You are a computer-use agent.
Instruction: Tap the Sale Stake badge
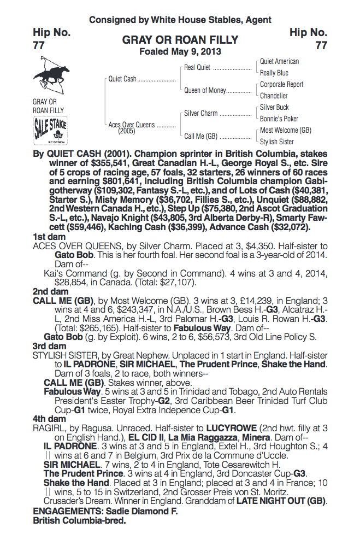pyautogui.click(x=51, y=130)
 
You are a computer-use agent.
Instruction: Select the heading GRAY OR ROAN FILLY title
pyautogui.click(x=180, y=40)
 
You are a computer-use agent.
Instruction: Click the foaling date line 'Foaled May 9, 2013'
pyautogui.click(x=180, y=52)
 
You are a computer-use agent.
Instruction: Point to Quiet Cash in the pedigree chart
pyautogui.click(x=122, y=79)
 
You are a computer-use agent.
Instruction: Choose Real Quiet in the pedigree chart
pyautogui.click(x=197, y=68)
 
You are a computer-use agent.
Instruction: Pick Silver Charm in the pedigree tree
pyautogui.click(x=200, y=113)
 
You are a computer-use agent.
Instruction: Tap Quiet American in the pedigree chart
pyautogui.click(x=279, y=62)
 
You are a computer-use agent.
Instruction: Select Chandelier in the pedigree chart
pyautogui.click(x=274, y=96)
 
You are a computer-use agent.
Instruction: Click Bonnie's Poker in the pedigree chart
pyautogui.click(x=279, y=119)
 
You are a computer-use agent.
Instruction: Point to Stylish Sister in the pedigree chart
pyautogui.click(x=277, y=142)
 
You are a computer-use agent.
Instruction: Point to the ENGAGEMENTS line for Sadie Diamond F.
pyautogui.click(x=105, y=512)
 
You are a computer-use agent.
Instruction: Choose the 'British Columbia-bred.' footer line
pyautogui.click(x=79, y=521)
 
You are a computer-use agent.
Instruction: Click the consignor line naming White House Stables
pyautogui.click(x=180, y=20)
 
